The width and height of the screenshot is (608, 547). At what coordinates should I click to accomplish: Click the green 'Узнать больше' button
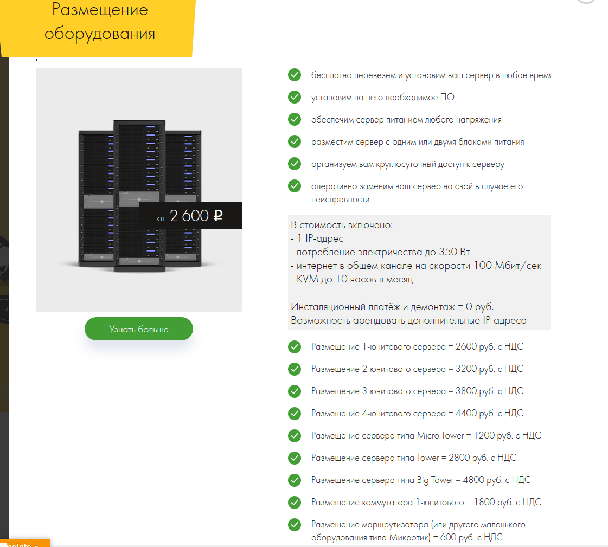[x=138, y=329]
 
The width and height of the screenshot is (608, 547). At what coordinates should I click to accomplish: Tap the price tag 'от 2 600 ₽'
[x=190, y=215]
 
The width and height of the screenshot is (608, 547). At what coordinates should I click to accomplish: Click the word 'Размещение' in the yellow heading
[x=100, y=10]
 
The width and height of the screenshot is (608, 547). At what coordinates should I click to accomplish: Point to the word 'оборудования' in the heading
[x=100, y=34]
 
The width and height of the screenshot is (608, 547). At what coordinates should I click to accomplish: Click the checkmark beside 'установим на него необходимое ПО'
[x=295, y=97]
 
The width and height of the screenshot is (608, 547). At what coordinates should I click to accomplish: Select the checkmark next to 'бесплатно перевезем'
[x=295, y=75]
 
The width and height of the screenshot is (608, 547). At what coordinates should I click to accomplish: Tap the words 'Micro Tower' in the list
[x=440, y=435]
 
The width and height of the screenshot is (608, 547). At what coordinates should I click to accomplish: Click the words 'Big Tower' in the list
[x=435, y=480]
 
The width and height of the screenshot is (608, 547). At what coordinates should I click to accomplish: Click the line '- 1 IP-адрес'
[x=317, y=239]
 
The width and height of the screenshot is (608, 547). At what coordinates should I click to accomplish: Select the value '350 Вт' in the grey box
[x=455, y=252]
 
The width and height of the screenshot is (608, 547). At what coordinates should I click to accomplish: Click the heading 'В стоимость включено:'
[x=342, y=225]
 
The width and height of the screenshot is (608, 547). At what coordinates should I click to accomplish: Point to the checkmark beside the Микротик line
[x=295, y=525]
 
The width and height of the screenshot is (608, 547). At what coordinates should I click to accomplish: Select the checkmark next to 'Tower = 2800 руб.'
[x=295, y=458]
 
